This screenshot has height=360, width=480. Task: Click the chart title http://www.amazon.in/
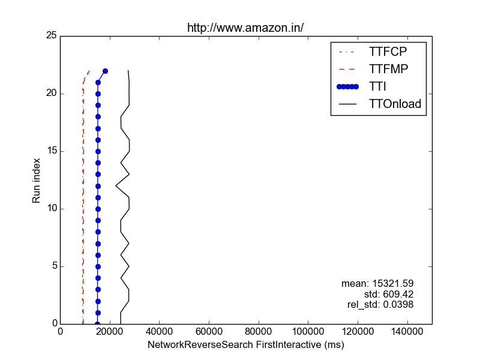click(x=245, y=28)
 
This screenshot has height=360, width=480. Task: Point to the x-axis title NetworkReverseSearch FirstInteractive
click(x=245, y=346)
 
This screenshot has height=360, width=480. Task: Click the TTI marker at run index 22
click(x=105, y=71)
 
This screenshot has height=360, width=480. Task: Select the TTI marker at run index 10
click(x=98, y=209)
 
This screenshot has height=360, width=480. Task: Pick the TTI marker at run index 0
click(x=97, y=324)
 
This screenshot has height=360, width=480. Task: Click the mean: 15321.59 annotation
click(x=377, y=283)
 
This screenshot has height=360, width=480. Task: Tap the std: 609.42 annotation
click(x=389, y=294)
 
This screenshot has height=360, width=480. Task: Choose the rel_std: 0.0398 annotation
click(x=380, y=305)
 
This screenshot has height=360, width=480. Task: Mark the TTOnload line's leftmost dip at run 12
click(x=116, y=186)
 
